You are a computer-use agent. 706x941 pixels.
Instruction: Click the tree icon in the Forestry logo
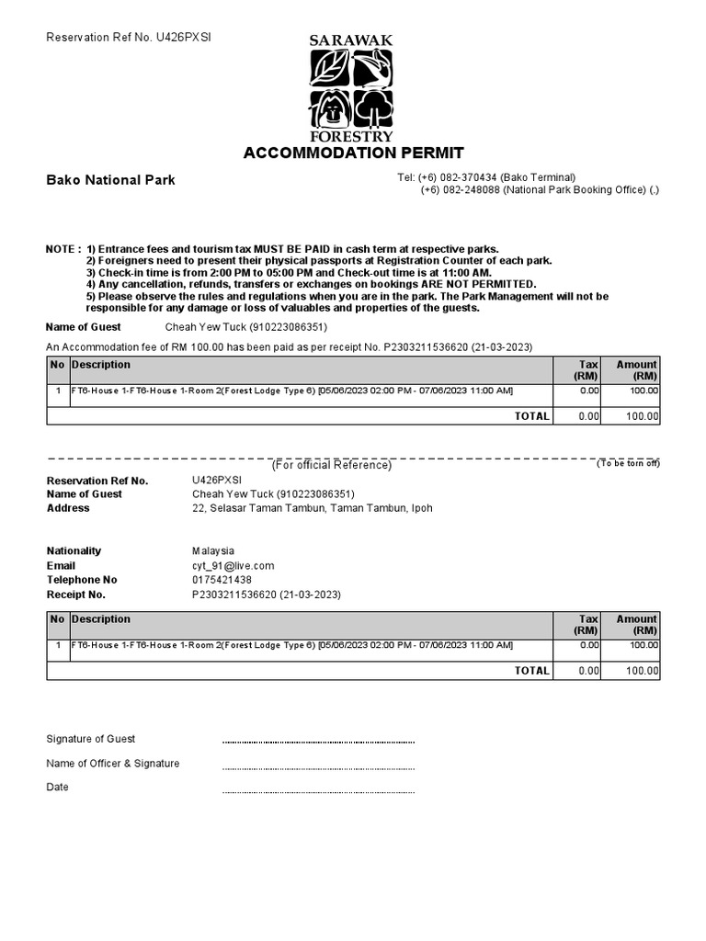tap(372, 108)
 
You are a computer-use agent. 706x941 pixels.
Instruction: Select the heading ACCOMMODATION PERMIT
tap(353, 153)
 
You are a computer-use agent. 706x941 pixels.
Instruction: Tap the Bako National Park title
tap(110, 180)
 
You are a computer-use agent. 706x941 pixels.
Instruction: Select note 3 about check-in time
tap(289, 273)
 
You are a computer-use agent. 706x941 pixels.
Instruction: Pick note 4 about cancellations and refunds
tap(311, 285)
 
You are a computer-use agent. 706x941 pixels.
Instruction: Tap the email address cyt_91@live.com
tap(233, 566)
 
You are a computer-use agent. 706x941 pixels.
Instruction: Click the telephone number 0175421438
tap(222, 581)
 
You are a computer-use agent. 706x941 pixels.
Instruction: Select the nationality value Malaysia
tap(213, 551)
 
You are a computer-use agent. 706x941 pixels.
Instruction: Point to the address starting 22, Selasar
tap(312, 508)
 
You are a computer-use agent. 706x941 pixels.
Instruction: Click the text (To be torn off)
tap(628, 463)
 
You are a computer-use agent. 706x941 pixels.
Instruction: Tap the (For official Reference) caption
tap(331, 465)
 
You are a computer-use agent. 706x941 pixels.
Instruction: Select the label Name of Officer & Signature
tap(113, 764)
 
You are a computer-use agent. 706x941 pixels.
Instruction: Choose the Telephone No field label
tap(82, 581)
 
